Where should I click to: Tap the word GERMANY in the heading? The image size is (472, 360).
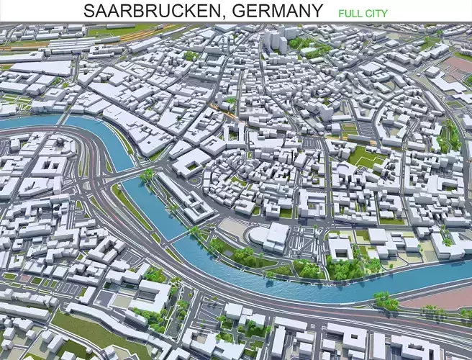pyautogui.click(x=278, y=11)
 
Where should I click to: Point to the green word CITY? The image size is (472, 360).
pyautogui.click(x=377, y=13)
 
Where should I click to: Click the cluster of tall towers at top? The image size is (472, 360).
pyautogui.click(x=276, y=40)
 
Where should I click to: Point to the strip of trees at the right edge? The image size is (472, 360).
pyautogui.click(x=452, y=137)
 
